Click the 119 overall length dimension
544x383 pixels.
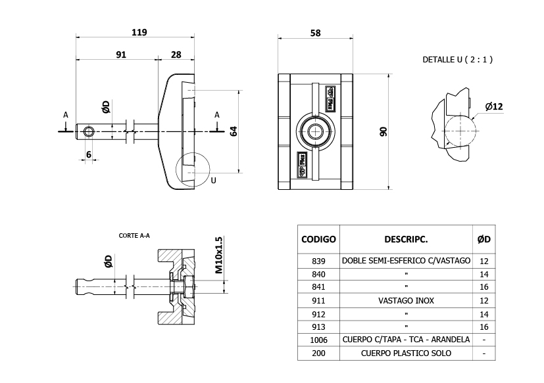click(x=139, y=32)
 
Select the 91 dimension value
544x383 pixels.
click(x=121, y=55)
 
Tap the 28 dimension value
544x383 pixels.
click(x=176, y=55)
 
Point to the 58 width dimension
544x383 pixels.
click(x=315, y=33)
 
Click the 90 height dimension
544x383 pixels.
click(x=383, y=131)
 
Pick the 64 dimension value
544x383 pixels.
click(x=233, y=131)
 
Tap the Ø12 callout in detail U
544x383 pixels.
click(x=493, y=106)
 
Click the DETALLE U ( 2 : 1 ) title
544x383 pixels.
click(x=458, y=60)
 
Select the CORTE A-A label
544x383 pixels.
click(x=134, y=235)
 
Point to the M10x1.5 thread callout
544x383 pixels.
click(x=219, y=255)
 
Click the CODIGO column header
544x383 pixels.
click(x=318, y=239)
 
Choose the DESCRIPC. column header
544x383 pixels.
click(x=406, y=239)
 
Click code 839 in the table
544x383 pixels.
click(x=318, y=261)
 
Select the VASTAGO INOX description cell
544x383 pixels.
click(x=406, y=300)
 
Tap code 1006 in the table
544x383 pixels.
click(x=318, y=340)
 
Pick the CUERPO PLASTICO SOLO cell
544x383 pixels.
click(x=406, y=353)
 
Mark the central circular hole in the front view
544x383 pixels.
click(x=316, y=131)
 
